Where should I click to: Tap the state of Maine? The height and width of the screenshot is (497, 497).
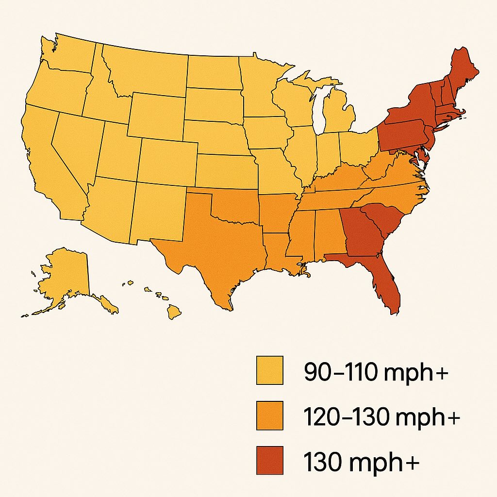461,68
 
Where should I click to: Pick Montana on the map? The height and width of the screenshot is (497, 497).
146,70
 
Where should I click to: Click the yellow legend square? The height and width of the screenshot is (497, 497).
269,371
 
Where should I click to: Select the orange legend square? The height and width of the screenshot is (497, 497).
269,415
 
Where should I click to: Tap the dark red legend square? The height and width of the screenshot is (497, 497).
269,460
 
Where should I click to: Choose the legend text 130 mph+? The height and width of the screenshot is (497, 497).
362,462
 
